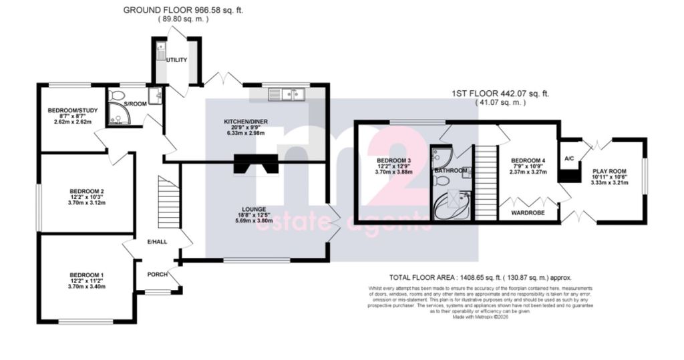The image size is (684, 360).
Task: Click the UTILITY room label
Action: tap(177, 59)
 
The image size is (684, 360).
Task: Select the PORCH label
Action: tap(158, 274)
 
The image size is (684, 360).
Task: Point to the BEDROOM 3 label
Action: tap(395, 161)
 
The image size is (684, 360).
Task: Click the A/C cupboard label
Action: tap(569, 159)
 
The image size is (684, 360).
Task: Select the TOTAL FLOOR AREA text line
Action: tap(480, 277)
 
